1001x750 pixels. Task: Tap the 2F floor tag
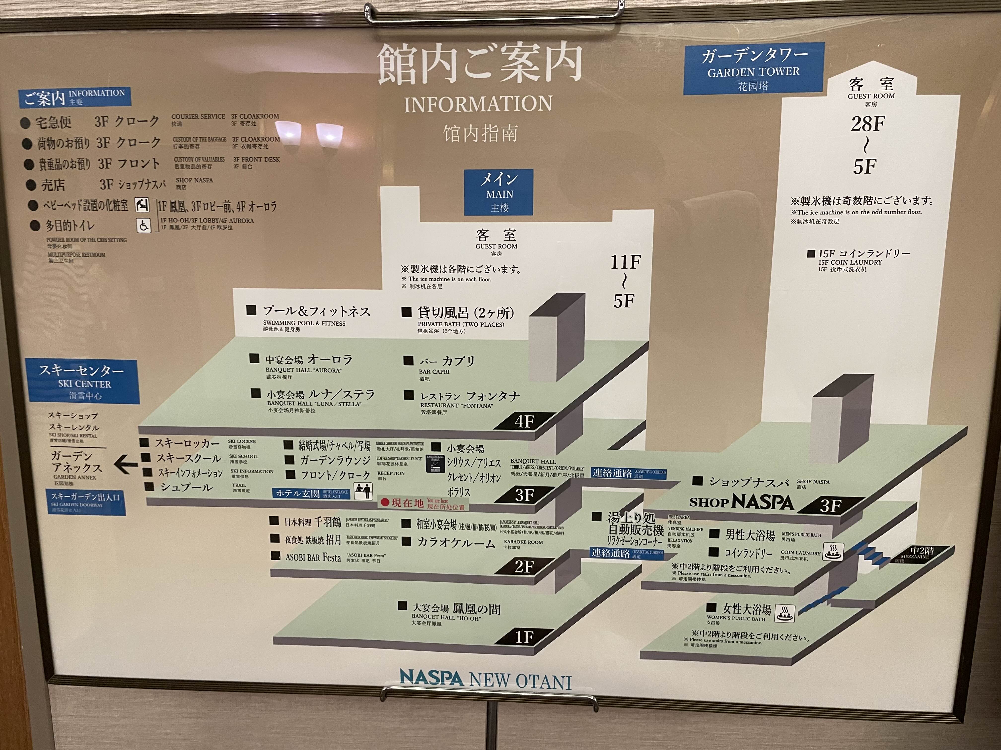click(x=524, y=566)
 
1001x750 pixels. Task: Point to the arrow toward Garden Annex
click(x=125, y=464)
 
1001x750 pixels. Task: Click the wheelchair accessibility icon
click(x=144, y=225)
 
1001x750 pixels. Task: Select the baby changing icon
click(x=142, y=205)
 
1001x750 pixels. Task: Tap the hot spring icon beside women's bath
click(x=785, y=613)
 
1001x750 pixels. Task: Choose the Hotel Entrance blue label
click(x=311, y=493)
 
